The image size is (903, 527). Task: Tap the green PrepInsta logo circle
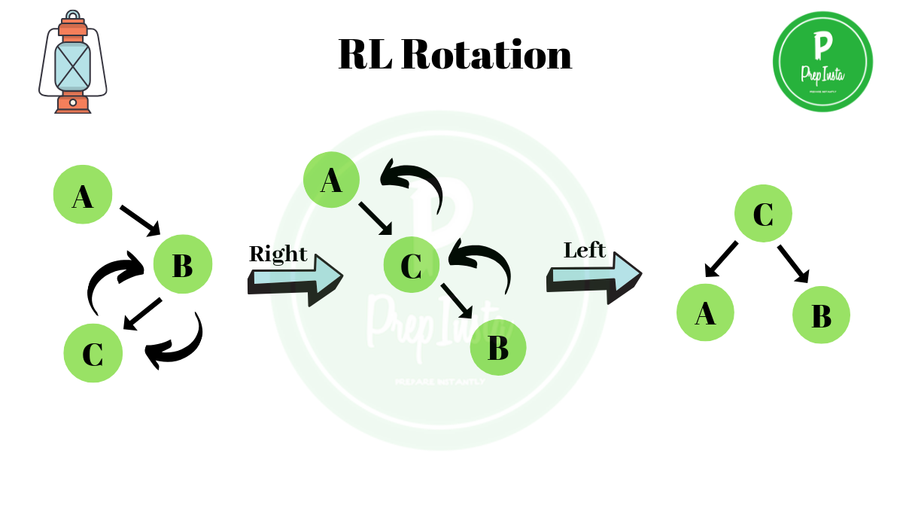point(822,62)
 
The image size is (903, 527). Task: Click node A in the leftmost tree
point(83,195)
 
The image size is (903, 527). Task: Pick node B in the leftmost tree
point(183,263)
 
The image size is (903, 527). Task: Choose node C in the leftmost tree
point(93,353)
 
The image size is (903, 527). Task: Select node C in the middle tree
point(412,264)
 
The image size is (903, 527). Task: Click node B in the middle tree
point(497,347)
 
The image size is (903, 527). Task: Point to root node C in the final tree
point(763,213)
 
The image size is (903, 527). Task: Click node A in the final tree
point(705,312)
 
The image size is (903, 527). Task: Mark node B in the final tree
point(821,315)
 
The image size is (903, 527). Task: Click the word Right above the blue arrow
point(278,254)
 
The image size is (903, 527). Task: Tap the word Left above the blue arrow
point(585,250)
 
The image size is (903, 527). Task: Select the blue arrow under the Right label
point(294,279)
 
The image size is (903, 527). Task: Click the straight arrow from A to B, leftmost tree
point(140,219)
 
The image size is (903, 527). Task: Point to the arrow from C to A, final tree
point(721,259)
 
